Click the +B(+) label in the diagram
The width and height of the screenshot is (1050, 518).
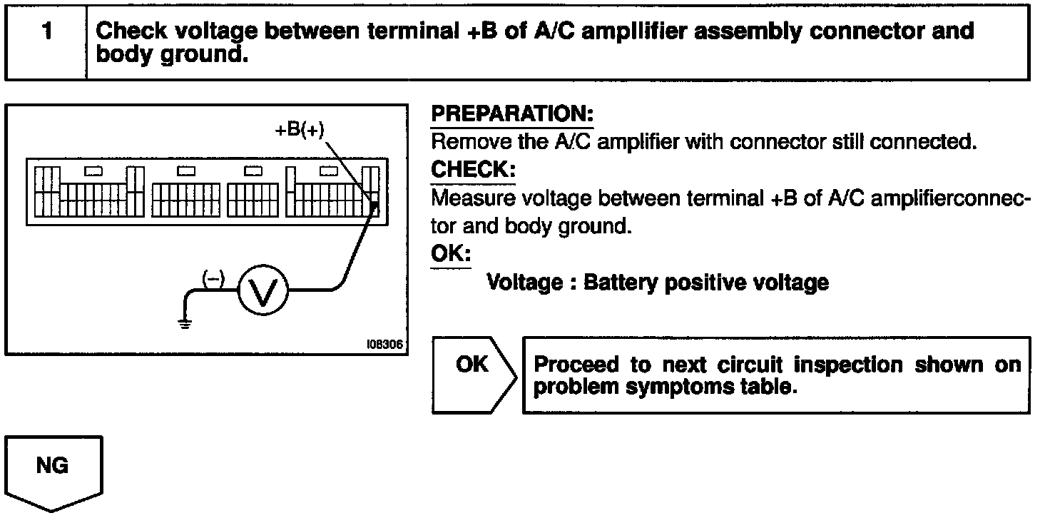[300, 131]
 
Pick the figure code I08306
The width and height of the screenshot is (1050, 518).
[385, 344]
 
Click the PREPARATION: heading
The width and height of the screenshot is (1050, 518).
[512, 114]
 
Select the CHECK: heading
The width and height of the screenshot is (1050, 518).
[472, 171]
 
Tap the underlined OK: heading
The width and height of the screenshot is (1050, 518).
[450, 255]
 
